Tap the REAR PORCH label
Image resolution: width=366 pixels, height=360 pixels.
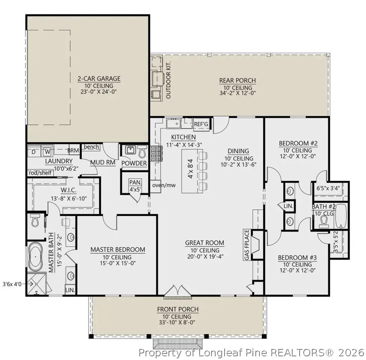point(238,81)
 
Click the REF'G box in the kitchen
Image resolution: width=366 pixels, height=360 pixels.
point(201,124)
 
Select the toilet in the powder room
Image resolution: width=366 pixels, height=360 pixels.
point(141,152)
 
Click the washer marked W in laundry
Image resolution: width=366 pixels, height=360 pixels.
point(48,152)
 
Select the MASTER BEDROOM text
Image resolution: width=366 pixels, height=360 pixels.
point(118,249)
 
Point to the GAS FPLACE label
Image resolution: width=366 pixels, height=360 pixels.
point(247,245)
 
